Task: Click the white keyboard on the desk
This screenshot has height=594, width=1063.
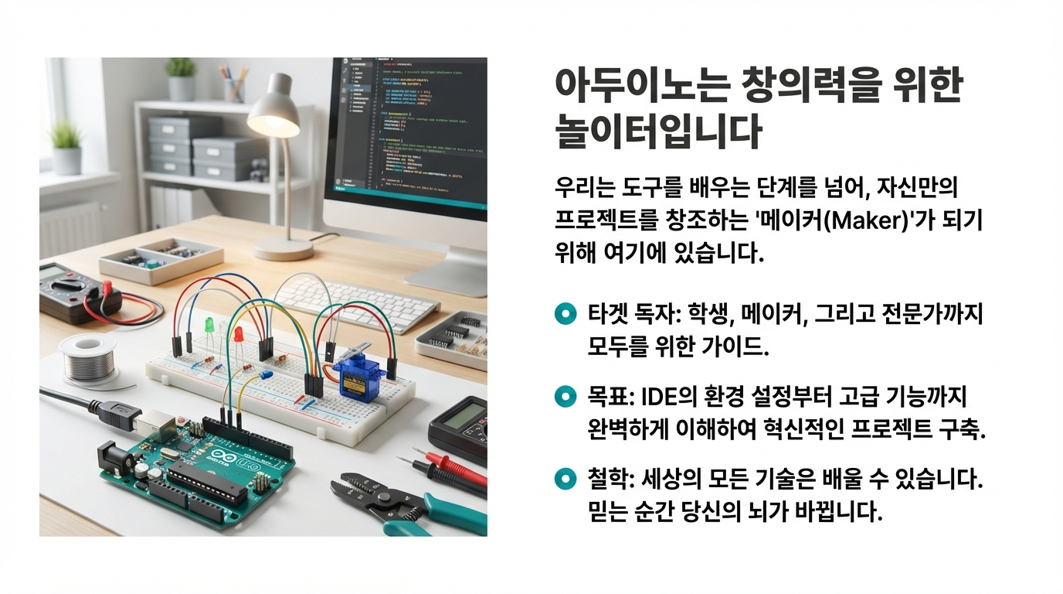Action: click(355, 303)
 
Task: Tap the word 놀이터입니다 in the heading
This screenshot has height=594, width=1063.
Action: click(658, 132)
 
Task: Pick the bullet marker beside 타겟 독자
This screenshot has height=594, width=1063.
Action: click(565, 313)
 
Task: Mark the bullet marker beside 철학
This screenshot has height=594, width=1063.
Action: click(565, 480)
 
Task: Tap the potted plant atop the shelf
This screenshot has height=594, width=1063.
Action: click(182, 78)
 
